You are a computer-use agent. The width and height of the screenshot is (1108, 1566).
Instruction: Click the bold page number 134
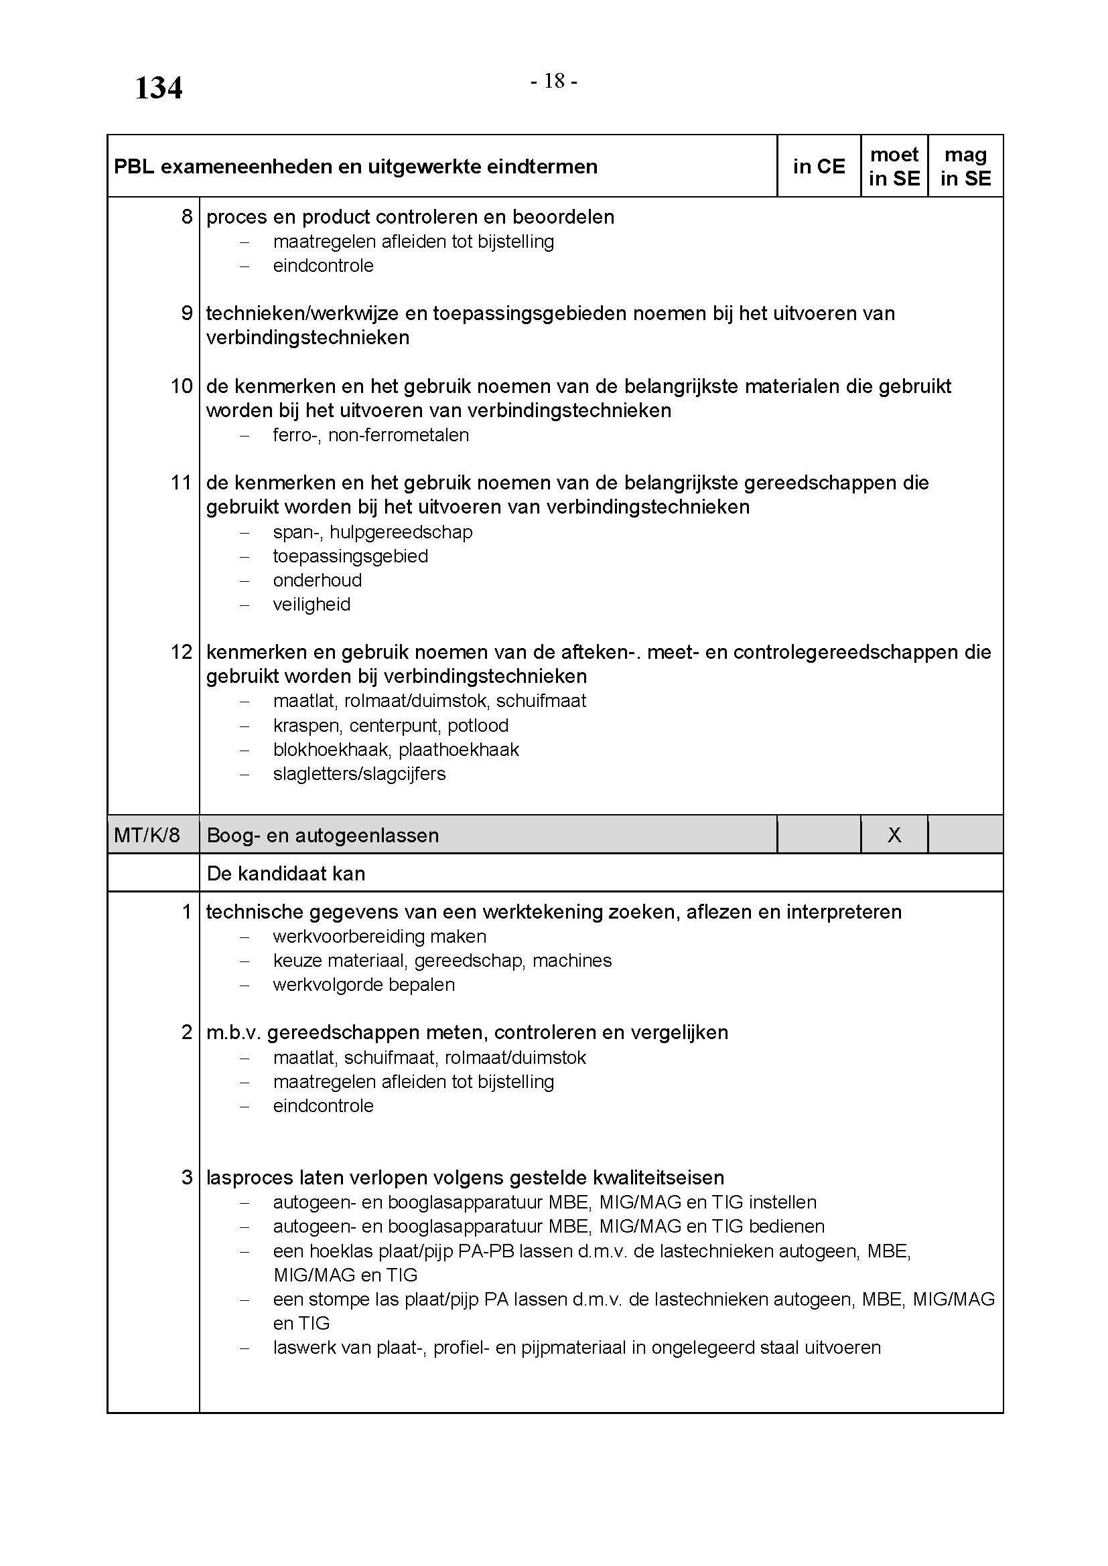click(x=158, y=88)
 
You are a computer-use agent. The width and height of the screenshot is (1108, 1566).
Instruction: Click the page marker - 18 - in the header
click(x=554, y=82)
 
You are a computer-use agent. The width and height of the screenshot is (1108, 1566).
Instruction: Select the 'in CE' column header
click(x=818, y=167)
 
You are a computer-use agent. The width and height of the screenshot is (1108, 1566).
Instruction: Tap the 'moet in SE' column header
click(x=894, y=167)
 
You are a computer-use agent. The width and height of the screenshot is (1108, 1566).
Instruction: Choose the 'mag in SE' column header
click(x=965, y=167)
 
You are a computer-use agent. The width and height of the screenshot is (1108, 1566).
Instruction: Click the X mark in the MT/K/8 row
click(x=894, y=835)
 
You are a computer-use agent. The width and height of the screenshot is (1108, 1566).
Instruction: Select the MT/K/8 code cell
click(x=147, y=835)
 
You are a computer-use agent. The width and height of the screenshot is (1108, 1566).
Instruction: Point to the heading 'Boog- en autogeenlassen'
click(x=322, y=836)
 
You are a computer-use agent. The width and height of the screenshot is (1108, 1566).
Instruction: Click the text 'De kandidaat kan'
click(x=285, y=874)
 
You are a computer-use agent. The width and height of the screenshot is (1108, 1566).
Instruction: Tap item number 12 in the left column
click(x=182, y=652)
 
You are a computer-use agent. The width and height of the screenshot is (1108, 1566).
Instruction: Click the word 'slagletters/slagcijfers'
click(x=359, y=774)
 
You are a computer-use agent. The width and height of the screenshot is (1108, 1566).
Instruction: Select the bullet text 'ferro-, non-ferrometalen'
click(x=370, y=435)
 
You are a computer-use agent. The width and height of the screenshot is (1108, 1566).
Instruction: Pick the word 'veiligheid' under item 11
click(x=311, y=605)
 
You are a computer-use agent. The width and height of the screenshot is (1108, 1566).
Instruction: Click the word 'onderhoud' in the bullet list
click(x=318, y=580)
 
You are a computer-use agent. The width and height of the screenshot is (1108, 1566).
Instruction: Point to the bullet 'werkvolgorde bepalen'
click(x=364, y=985)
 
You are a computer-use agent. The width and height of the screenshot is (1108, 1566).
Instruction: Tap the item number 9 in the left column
click(x=186, y=313)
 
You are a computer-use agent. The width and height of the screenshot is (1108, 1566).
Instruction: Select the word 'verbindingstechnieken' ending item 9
click(x=307, y=337)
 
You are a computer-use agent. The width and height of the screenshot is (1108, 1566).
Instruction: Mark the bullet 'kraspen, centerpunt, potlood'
click(x=391, y=726)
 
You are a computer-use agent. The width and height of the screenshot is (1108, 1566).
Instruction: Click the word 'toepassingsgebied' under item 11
click(x=350, y=556)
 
